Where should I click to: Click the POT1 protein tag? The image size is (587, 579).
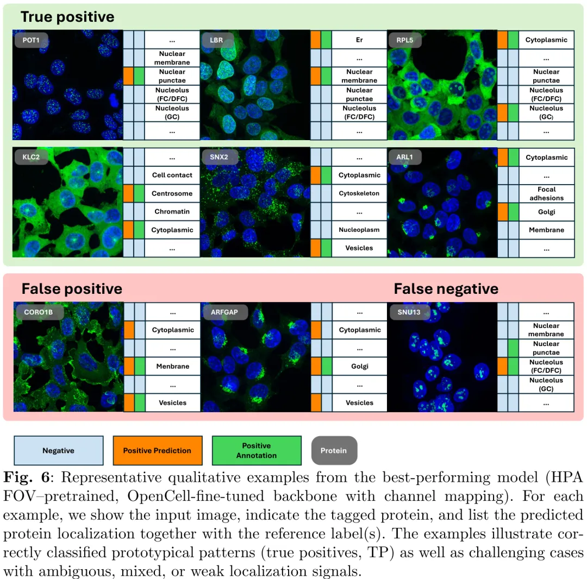coord(31,40)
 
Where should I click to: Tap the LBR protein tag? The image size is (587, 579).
coord(216,40)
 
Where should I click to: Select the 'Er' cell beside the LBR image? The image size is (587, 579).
coord(359,40)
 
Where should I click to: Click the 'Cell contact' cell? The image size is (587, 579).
coord(172,175)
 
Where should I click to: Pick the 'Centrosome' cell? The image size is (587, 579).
coord(172,193)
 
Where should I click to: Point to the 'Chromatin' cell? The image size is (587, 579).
coord(172,212)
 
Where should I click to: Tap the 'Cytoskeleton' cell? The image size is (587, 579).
coord(359,193)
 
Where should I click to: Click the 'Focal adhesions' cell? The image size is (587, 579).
coord(546,194)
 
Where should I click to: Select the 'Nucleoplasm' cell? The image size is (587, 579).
coord(359,230)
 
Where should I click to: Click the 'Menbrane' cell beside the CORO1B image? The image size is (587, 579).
coord(172,366)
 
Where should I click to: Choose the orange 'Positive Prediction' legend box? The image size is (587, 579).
coord(157,450)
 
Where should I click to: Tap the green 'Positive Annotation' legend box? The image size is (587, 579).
coord(257,450)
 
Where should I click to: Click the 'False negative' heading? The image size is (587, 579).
coord(446,288)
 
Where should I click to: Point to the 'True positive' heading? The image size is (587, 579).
coord(67,17)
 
